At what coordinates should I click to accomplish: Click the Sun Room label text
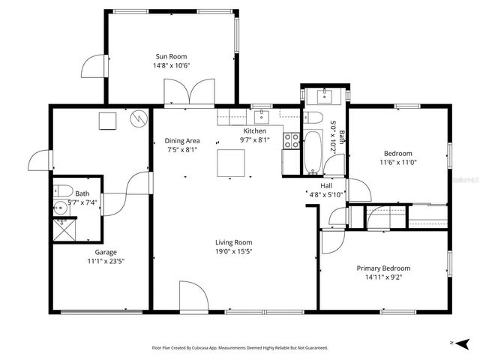pyautogui.click(x=171, y=56)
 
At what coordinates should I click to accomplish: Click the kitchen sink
pyautogui.click(x=261, y=116)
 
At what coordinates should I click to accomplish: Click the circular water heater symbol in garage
pyautogui.click(x=139, y=119)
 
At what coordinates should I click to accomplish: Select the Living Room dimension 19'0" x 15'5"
pyautogui.click(x=233, y=252)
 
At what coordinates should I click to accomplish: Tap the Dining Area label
pyautogui.click(x=182, y=140)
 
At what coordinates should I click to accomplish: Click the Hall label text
pyautogui.click(x=326, y=185)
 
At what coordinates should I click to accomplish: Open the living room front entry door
pyautogui.click(x=193, y=297)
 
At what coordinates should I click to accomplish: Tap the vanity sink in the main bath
pyautogui.click(x=325, y=96)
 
